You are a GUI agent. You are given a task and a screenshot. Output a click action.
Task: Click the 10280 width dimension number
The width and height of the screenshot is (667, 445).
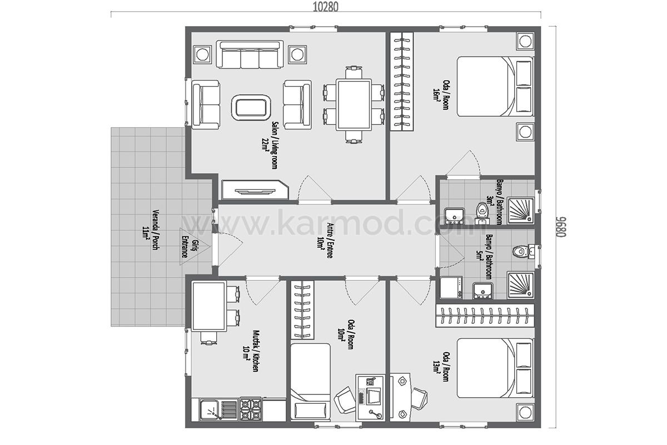(x=326, y=7)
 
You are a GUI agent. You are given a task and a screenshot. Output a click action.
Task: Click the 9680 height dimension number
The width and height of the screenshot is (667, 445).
(x=561, y=227)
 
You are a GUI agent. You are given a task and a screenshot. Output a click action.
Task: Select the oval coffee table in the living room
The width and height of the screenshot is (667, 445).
(x=251, y=107)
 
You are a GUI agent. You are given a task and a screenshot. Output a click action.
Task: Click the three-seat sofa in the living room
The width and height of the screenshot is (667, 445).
(x=250, y=55)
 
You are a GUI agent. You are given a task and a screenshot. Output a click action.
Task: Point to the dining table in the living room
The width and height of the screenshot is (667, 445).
(x=354, y=105)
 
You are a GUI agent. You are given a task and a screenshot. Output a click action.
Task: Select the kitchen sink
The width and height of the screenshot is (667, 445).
(x=210, y=410)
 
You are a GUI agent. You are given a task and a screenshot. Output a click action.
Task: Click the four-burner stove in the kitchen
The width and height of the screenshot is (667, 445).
(x=251, y=409)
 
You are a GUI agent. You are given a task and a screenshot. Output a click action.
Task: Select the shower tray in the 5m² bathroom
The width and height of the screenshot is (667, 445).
(x=520, y=286)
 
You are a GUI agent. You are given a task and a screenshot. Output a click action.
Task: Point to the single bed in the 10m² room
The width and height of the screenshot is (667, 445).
(x=310, y=382)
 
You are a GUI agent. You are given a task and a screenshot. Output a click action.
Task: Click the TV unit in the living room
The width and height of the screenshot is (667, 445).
(x=255, y=190)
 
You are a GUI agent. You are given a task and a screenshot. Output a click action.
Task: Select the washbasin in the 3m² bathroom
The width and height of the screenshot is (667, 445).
(x=454, y=216)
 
